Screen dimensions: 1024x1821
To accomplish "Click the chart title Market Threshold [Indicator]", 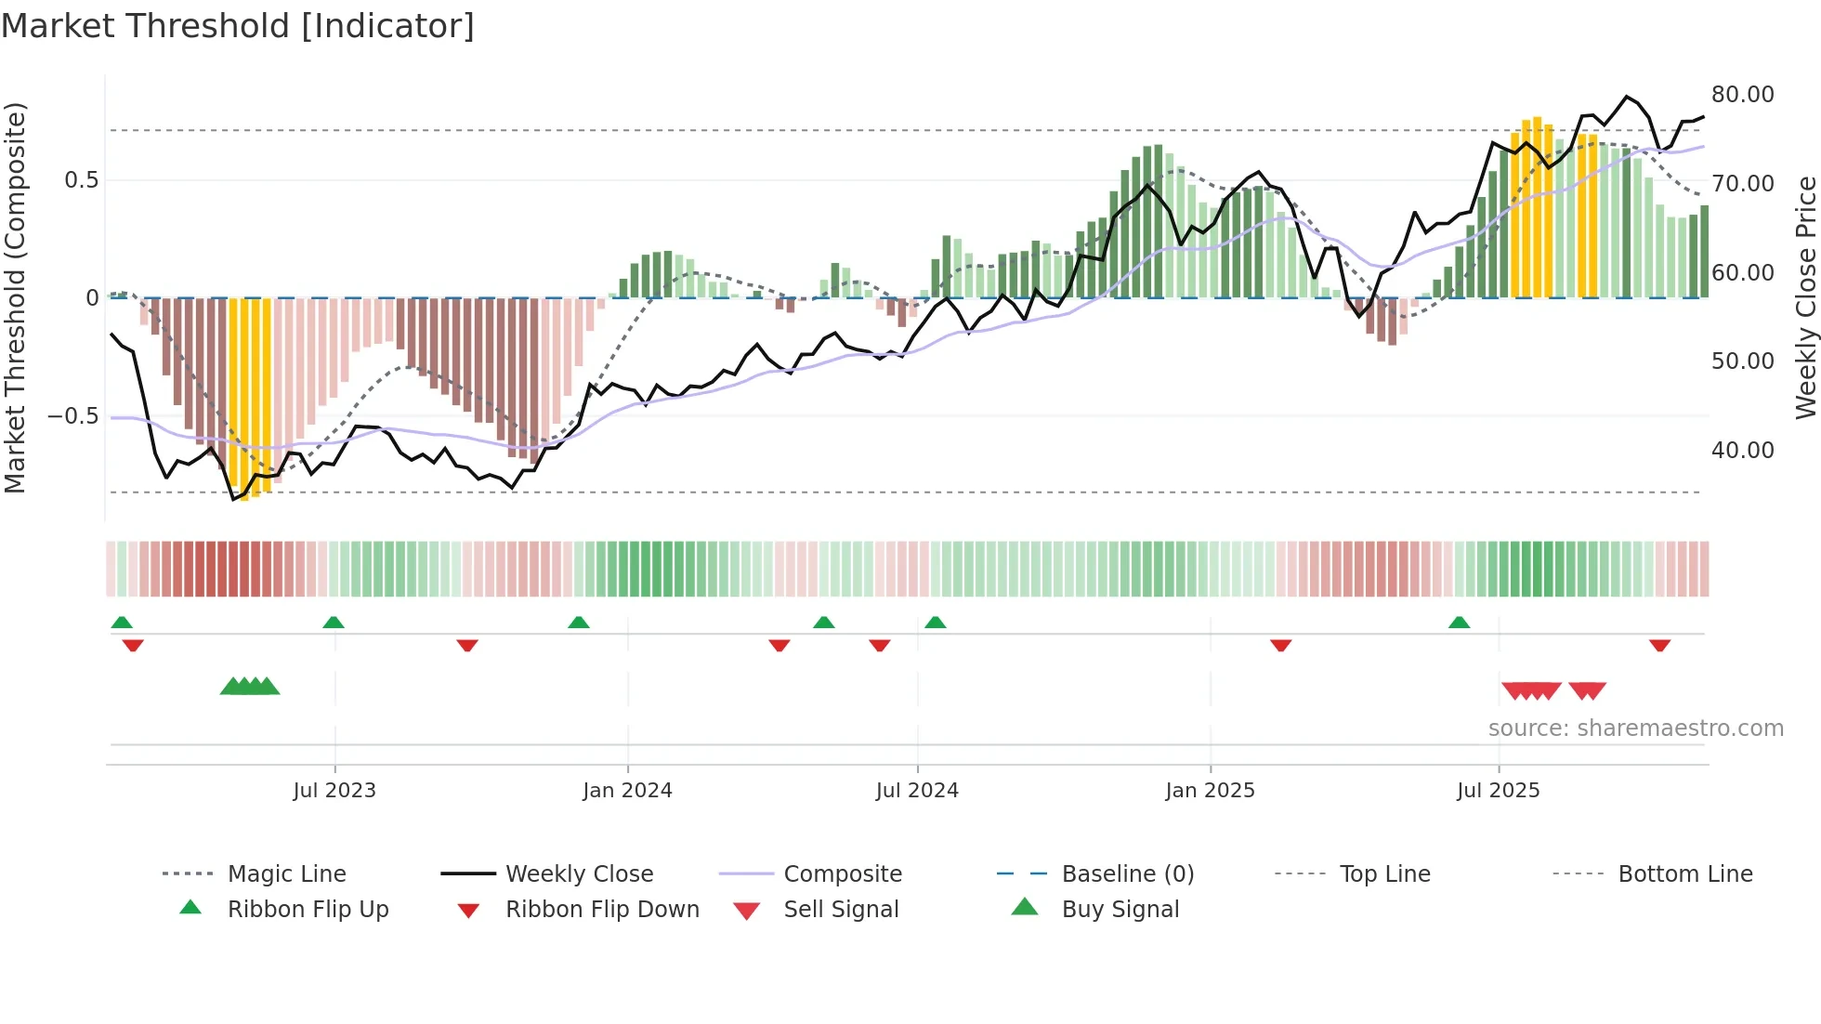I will click(238, 26).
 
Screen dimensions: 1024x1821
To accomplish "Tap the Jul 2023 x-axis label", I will click(334, 791).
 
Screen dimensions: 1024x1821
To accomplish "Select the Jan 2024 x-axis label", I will click(627, 791).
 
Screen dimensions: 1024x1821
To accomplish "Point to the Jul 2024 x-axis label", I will click(917, 791).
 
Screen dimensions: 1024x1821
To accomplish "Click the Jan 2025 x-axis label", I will click(1210, 791).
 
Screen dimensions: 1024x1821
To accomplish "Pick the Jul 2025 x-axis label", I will click(1498, 791).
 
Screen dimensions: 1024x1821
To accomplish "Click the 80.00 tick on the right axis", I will click(1742, 95).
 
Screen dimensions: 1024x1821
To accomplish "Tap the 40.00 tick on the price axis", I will click(1742, 451).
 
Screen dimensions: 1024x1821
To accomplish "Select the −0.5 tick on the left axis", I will click(72, 415).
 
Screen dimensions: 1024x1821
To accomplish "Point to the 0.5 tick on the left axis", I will click(81, 180).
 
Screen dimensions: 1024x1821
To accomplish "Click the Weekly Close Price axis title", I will click(1805, 297).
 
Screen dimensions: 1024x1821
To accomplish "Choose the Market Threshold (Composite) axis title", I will click(15, 297).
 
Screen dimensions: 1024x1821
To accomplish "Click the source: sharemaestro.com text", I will click(1635, 729).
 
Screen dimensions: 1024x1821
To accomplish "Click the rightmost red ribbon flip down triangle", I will click(1659, 645).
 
